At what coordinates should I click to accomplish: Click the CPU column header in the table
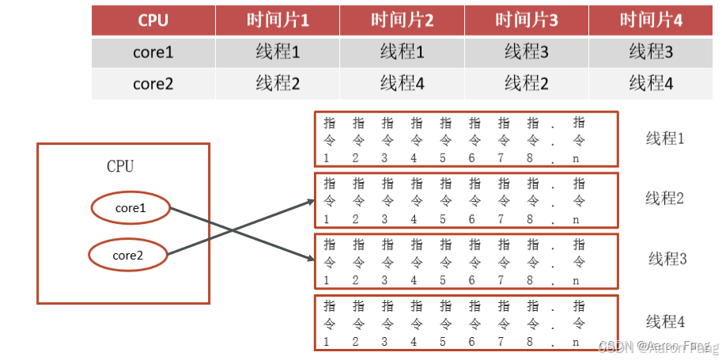(x=153, y=21)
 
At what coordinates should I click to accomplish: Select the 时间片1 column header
(x=278, y=21)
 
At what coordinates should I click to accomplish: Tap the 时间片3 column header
(x=527, y=21)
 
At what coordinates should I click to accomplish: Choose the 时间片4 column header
(x=651, y=21)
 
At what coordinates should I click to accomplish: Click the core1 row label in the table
(x=153, y=52)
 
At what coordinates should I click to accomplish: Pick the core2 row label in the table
(x=153, y=82)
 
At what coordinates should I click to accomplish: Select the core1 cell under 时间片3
(x=527, y=52)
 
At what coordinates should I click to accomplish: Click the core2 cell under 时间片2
(x=402, y=82)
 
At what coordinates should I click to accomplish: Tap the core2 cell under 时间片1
(x=278, y=82)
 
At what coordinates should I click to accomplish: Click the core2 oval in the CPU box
(x=127, y=255)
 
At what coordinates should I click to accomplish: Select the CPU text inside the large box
(x=120, y=166)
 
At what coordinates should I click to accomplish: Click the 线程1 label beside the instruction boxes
(x=664, y=138)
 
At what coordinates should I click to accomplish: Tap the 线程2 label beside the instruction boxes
(x=664, y=198)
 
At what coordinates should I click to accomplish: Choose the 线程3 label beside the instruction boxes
(x=667, y=259)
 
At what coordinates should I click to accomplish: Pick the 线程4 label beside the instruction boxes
(x=664, y=321)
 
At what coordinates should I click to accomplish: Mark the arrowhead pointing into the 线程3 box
(x=310, y=258)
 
